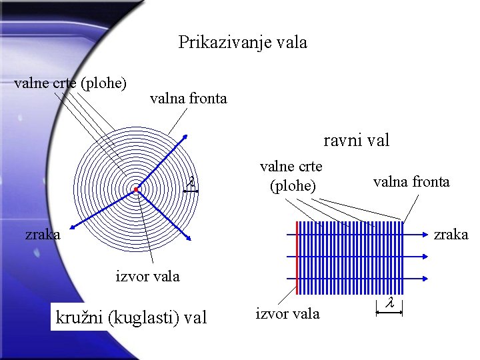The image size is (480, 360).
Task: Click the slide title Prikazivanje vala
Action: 243,43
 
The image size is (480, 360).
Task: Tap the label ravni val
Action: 356,141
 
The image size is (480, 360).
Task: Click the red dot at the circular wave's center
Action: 135,190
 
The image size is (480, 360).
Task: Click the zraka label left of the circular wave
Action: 43,234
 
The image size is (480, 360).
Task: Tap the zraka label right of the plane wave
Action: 451,235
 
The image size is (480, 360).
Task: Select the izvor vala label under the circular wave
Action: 147,276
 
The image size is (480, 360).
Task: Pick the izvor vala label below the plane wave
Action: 287,313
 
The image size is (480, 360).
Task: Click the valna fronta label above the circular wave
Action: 188,99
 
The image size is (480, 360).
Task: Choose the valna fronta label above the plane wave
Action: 411,181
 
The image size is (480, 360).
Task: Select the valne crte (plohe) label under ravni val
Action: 291,175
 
